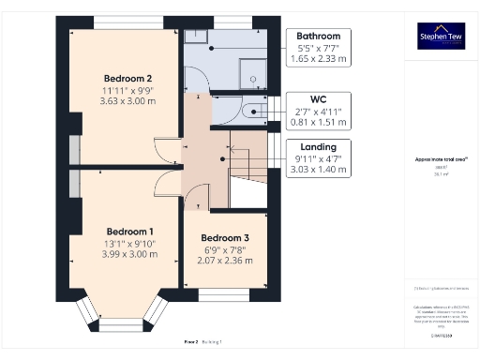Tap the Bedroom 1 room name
(x=129, y=231)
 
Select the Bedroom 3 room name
(x=226, y=237)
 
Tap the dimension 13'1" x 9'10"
(x=129, y=244)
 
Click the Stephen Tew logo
(x=440, y=37)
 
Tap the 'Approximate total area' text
(x=440, y=160)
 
